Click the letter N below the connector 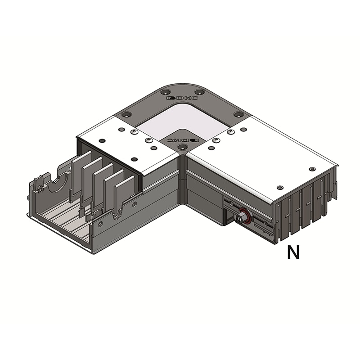pos(293,253)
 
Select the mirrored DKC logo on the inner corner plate pos(183,139)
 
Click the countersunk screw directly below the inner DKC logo pos(182,147)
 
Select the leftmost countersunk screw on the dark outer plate pos(126,114)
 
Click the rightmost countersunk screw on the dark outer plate pos(238,115)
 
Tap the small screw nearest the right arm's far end pos(312,169)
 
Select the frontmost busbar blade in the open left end pos(124,193)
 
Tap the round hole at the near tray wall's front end pos(100,224)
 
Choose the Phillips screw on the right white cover pos(230,132)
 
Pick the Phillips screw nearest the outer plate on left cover pos(134,132)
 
